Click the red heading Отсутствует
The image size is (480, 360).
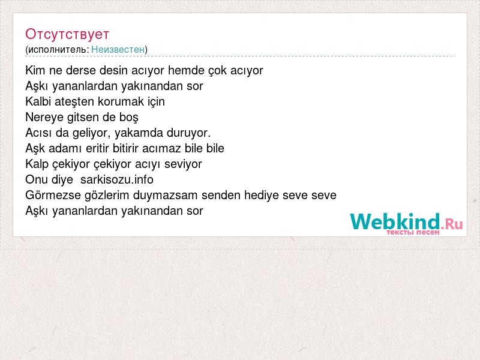67,34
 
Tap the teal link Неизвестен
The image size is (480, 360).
118,49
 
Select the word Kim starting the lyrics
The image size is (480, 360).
35,70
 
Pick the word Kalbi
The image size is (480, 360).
38,101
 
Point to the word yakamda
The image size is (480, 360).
139,133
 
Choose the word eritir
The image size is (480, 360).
98,148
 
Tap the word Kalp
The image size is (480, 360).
37,164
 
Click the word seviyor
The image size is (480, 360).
183,164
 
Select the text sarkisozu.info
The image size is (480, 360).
116,179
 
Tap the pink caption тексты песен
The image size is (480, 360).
413,232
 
